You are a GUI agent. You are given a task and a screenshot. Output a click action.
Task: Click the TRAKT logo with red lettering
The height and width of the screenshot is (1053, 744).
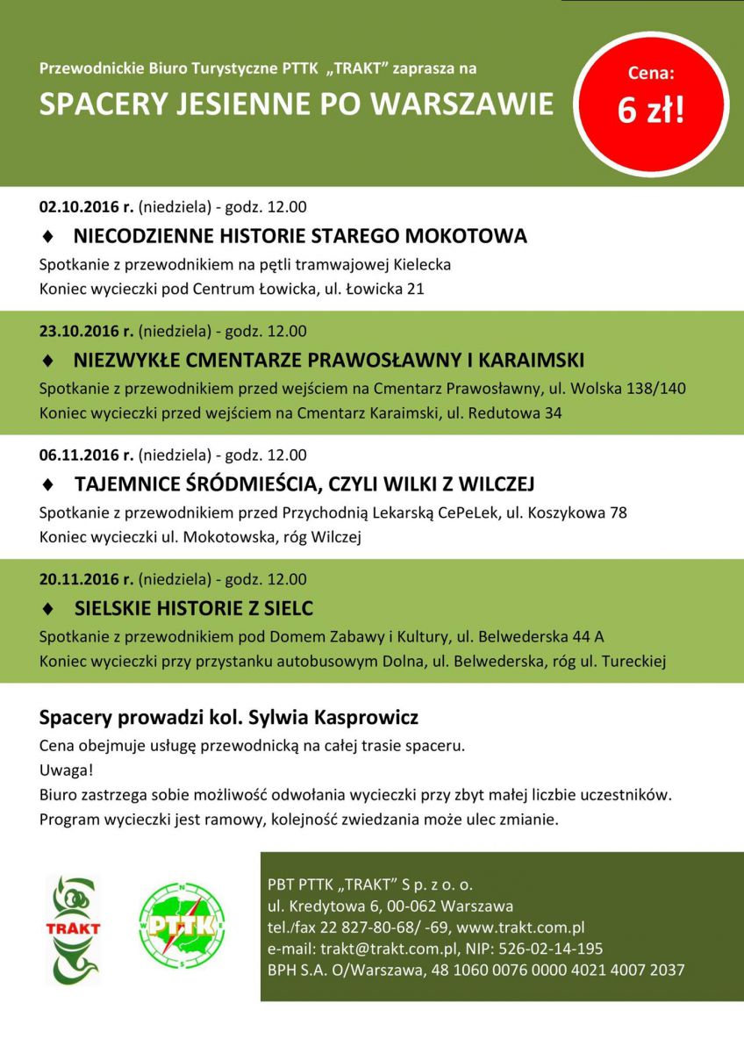coord(73,928)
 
